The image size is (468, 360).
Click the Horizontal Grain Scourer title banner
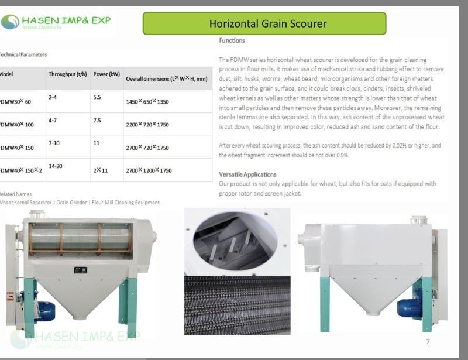[x=264, y=23]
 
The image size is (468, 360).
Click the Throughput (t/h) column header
[x=68, y=74]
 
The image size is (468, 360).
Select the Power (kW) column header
[x=106, y=74]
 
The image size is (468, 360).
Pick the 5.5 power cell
[x=97, y=97]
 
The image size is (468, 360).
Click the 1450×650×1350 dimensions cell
[x=147, y=102]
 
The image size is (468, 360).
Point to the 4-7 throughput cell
[x=53, y=120]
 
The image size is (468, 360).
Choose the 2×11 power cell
[x=101, y=170]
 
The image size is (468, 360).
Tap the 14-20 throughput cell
[x=56, y=166]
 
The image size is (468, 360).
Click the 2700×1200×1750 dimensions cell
[x=149, y=170]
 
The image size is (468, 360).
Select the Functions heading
[x=232, y=40]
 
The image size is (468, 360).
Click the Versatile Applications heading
[x=247, y=174]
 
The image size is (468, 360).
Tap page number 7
[x=428, y=341]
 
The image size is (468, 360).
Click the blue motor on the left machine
[x=44, y=311]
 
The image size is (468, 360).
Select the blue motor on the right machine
[x=409, y=307]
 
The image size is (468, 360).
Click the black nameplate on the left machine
[x=80, y=270]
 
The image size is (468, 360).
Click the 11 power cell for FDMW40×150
[x=96, y=143]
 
